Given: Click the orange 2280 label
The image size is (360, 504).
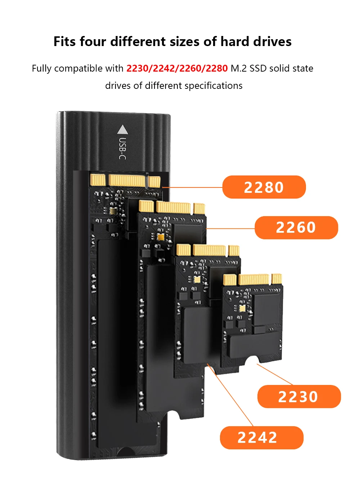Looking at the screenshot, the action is point(264,187).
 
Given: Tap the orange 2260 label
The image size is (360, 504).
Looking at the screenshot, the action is point(296,227).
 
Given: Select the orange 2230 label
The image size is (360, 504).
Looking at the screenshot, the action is point(298,396).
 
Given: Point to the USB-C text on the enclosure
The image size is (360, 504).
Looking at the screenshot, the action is point(123,148).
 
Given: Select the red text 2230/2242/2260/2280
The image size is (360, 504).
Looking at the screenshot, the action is point(177,68).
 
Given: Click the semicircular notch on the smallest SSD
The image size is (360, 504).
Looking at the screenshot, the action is point(252,361).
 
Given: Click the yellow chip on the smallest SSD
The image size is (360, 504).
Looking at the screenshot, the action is point(242,308).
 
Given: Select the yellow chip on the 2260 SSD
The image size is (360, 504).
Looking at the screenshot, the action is point(161,237).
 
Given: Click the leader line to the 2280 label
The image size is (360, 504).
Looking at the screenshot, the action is point(193,187).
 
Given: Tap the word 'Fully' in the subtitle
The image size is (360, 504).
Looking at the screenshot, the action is point(42,68).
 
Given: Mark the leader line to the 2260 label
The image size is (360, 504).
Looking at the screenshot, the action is point(230,228).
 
